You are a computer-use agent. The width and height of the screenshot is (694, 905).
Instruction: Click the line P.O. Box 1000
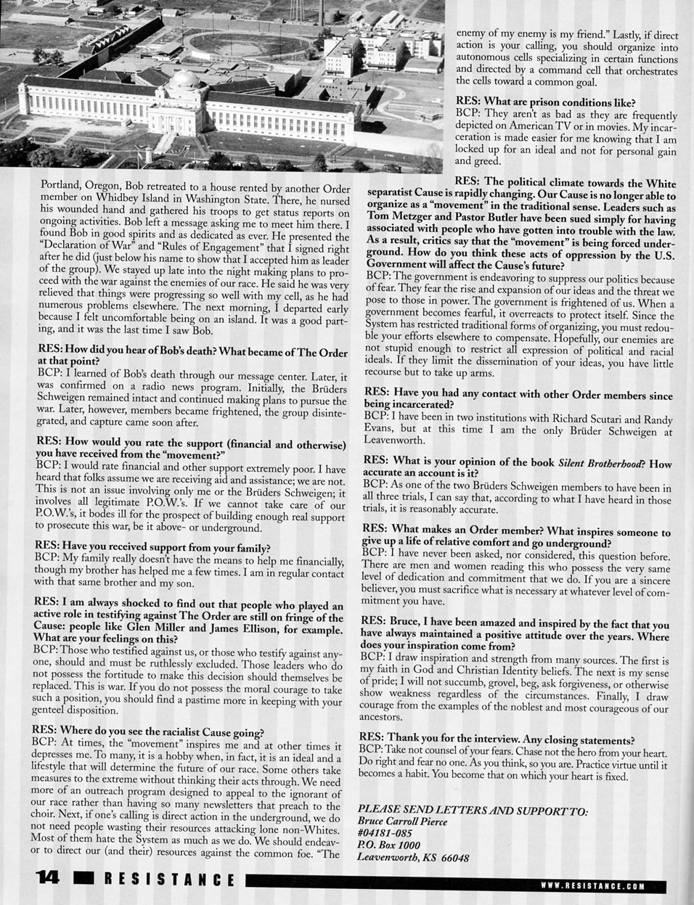click(x=389, y=845)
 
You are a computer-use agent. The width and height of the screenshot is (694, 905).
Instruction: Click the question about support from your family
click(x=153, y=548)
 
